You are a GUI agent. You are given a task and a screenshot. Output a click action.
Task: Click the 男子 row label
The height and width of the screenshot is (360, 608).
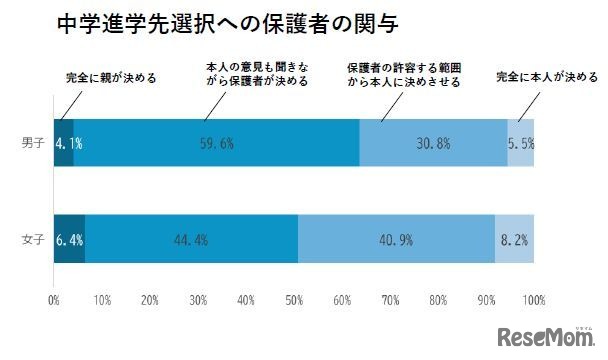pos(31,143)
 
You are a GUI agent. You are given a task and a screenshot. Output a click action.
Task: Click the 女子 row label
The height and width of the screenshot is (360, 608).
pos(31,240)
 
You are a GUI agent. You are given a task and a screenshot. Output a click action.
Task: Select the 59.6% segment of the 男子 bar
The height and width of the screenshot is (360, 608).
pos(216,143)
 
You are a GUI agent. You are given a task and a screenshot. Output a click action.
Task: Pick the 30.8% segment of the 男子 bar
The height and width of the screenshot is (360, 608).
pos(433,143)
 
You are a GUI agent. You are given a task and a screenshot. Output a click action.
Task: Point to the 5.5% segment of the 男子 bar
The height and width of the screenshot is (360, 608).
pos(520,143)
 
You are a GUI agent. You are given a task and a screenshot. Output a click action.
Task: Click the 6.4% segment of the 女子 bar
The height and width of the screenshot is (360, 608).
pos(68,240)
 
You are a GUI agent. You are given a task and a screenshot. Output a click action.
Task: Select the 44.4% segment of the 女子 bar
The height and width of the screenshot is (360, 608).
pos(191,240)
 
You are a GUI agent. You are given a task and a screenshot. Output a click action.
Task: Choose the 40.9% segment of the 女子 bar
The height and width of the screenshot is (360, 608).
pos(396,240)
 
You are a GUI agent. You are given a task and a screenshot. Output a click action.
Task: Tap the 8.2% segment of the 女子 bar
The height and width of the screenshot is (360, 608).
pos(514,240)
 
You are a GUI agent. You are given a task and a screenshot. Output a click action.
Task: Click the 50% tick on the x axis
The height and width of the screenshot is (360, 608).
pos(293,299)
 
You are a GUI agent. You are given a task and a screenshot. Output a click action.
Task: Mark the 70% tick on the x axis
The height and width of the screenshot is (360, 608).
pos(389,299)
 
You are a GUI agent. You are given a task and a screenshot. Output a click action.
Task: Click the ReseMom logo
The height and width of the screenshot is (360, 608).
pos(548,334)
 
